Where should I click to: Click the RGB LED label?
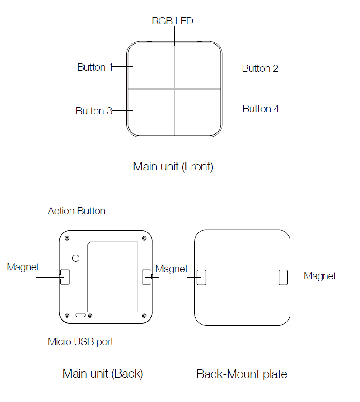coord(173,21)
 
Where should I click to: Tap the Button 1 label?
coord(94,67)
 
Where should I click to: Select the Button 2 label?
coord(260,69)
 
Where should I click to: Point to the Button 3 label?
coord(94,111)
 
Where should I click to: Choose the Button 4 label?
coord(261,109)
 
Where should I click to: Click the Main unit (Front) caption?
coord(173,166)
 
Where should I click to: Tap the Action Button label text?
coord(76,211)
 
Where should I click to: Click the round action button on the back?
coord(76,257)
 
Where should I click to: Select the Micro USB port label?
coord(80,341)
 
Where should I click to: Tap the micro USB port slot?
coord(81,315)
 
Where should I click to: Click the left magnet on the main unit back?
coord(65,277)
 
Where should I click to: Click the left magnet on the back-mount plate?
coord(201,277)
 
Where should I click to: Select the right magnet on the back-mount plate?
coord(283,277)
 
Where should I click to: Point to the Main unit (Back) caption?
coord(103,374)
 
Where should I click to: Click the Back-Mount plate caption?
coord(242,374)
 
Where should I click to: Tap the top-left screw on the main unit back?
coord(67,238)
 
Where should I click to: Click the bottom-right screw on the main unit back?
coord(144,315)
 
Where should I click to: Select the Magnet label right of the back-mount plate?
coord(320,276)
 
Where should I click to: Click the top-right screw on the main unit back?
coord(144,238)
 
